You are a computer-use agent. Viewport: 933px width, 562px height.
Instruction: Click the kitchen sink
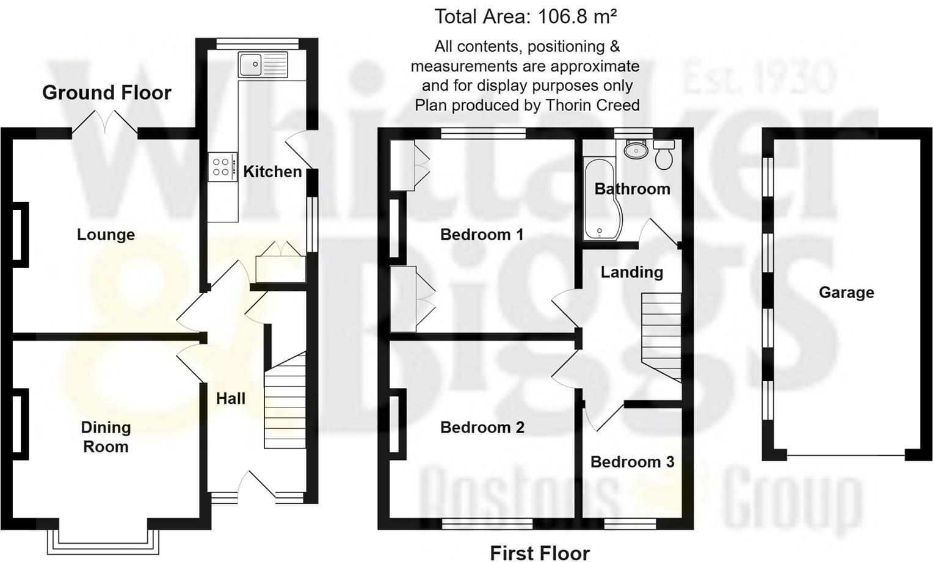point(263,65)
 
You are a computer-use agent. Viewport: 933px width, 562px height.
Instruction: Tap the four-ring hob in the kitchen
point(222,167)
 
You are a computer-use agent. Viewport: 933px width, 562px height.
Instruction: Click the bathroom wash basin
point(636,149)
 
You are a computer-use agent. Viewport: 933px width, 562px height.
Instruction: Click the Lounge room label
point(106,235)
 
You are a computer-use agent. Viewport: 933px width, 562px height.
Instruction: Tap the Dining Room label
point(106,437)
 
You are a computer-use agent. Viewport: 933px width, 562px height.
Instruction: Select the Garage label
point(846,293)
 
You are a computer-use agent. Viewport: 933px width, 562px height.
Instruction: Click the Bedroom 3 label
point(632,462)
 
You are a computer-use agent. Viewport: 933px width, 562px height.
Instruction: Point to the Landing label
point(631,272)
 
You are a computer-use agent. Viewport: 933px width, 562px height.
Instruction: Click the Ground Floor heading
point(106,93)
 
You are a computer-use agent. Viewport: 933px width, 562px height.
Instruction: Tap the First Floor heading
point(540,553)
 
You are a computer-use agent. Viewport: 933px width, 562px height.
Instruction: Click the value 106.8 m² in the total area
point(576,16)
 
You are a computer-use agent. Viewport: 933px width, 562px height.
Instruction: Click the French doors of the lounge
point(105,123)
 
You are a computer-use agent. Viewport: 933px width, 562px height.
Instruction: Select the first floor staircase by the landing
point(661,336)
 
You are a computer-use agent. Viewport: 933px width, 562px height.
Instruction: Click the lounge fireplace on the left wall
point(20,235)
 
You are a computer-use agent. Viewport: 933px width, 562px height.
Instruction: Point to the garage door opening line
point(846,456)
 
